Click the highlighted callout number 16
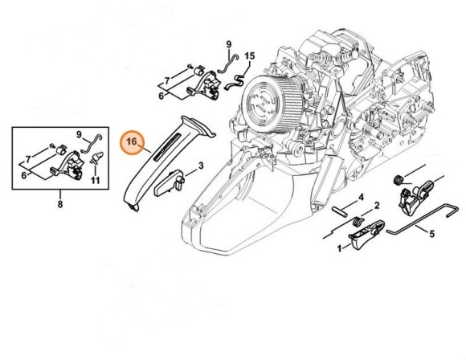pos(132,144)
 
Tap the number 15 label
pos(250,55)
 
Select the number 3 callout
pos(200,166)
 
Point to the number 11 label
pos(94,181)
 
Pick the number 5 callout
pos(431,235)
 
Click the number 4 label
pos(361,197)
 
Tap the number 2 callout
pos(377,207)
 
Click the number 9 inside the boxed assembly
pos(80,133)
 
